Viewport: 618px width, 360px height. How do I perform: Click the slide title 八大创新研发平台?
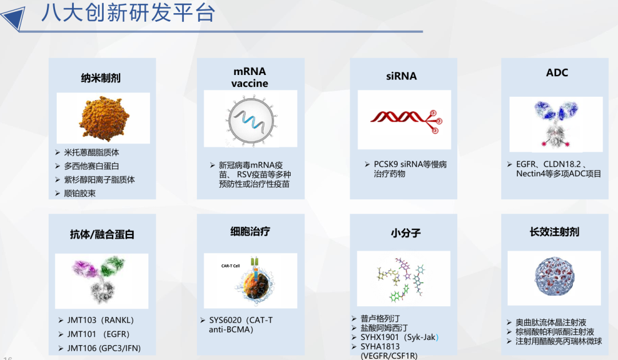128,13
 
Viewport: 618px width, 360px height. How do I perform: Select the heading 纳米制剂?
101,78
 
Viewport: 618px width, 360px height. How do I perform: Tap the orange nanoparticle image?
102,118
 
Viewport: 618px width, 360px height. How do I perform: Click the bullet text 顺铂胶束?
80,193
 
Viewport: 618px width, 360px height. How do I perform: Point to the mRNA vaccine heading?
249,77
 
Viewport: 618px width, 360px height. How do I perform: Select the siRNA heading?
401,76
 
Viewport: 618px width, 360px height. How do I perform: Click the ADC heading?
557,72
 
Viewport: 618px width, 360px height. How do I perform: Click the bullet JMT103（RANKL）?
100,321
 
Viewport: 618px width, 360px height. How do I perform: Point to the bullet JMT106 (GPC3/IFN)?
103,348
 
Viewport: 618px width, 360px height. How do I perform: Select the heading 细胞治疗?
249,231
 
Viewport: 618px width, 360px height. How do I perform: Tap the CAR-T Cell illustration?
251,281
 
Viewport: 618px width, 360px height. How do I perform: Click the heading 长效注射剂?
554,231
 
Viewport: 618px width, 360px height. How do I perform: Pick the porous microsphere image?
554,277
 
